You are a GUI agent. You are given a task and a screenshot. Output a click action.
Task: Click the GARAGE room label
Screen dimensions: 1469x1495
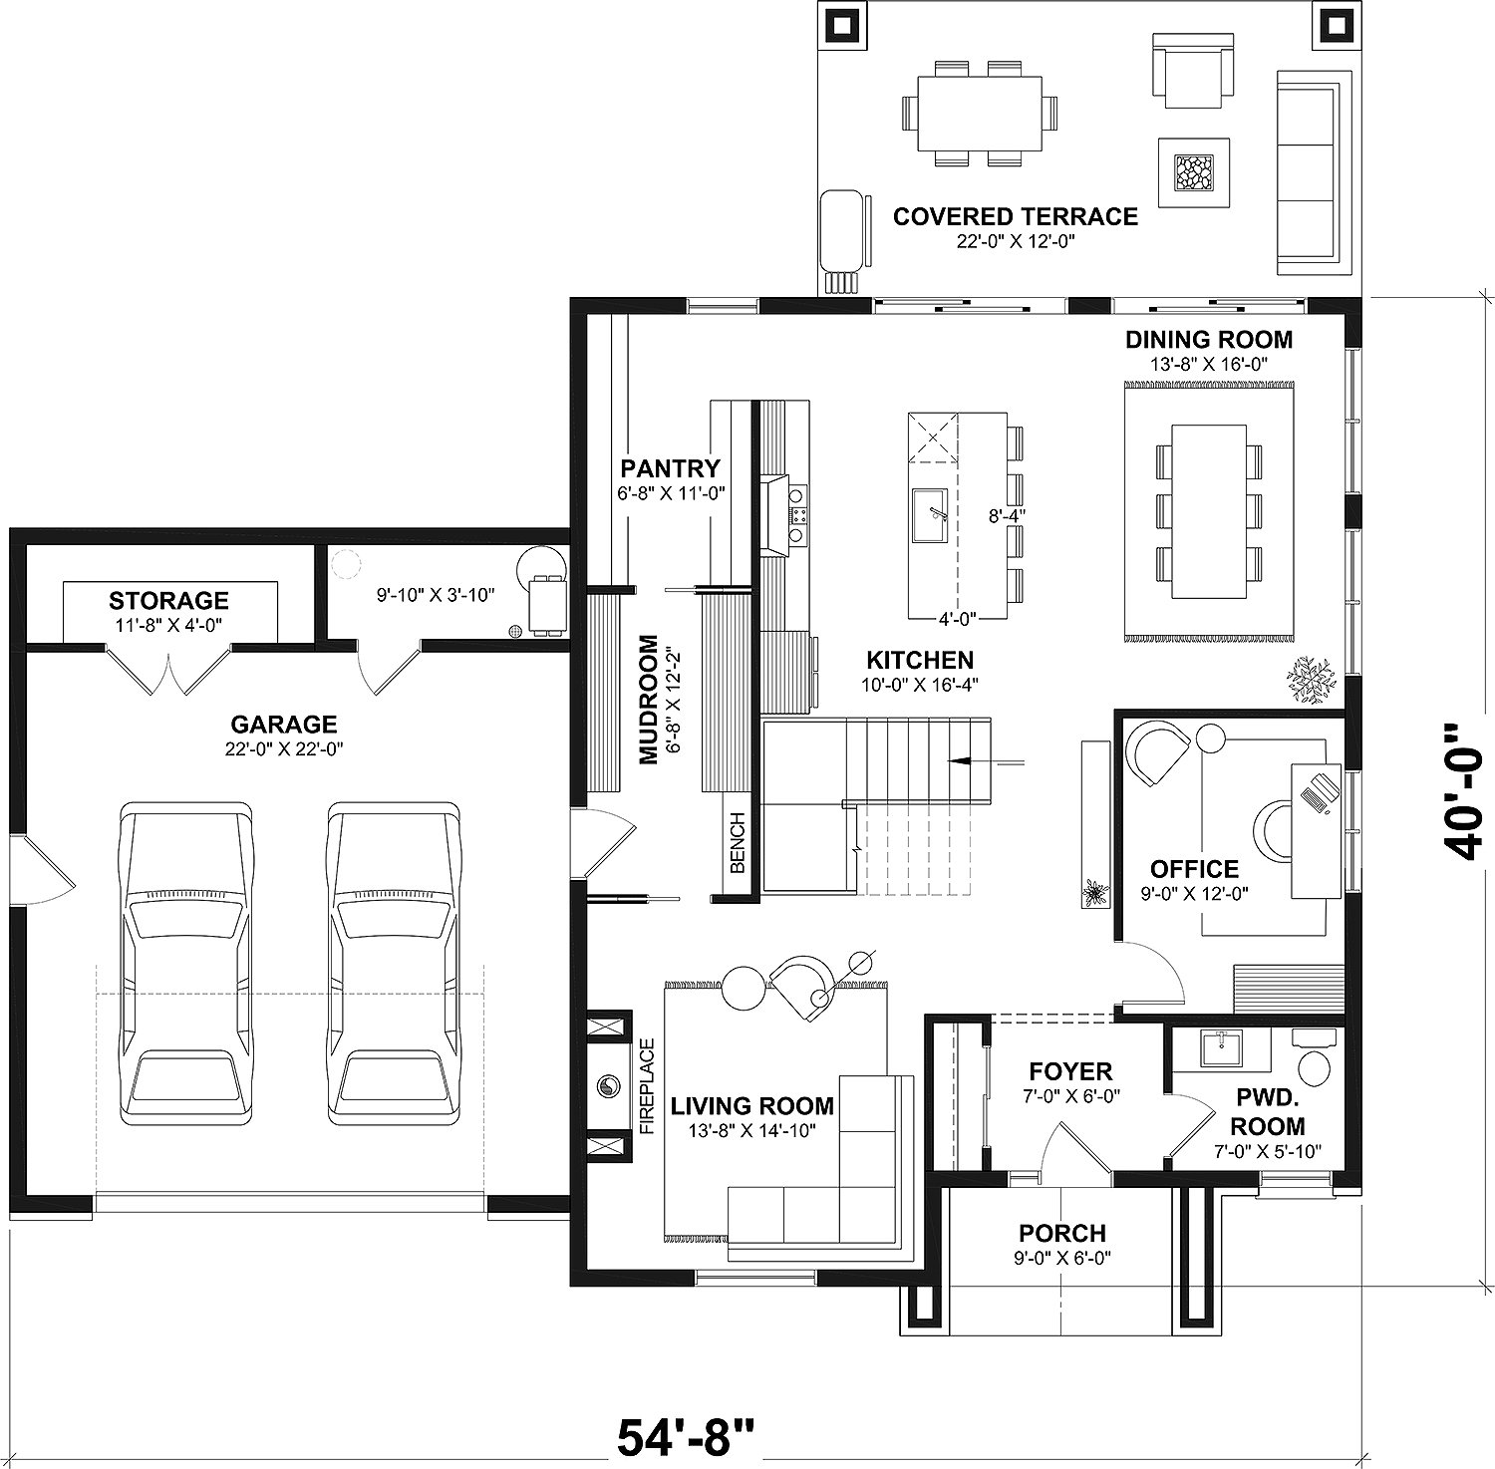pos(284,725)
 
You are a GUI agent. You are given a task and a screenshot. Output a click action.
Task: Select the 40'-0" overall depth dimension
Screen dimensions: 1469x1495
pos(1462,791)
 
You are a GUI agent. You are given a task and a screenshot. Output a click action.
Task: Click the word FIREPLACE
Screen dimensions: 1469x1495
pos(647,1087)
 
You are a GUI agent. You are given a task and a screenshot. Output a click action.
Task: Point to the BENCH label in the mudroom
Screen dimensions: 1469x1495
pos(738,842)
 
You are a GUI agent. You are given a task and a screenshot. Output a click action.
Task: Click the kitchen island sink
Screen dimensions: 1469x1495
pos(931,515)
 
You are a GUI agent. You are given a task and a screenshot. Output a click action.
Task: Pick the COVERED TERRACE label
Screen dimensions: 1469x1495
pos(1015,217)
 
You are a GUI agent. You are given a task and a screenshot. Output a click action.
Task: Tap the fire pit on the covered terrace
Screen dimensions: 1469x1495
pos(1193,172)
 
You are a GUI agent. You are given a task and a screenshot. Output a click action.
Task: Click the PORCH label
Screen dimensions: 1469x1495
pos(1062,1234)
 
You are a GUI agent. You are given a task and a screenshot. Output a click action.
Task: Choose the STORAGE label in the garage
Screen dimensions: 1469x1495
pos(168,601)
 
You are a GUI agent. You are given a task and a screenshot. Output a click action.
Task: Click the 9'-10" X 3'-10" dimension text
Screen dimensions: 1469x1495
pos(436,595)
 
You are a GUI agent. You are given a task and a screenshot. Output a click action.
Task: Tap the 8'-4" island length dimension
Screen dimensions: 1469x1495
pos(1007,515)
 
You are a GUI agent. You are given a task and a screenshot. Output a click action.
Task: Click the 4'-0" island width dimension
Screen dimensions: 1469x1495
pos(957,618)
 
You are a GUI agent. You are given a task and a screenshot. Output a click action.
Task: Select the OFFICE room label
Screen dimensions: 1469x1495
pos(1194,869)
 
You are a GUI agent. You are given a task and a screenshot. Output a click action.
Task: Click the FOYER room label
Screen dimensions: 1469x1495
pos(1070,1071)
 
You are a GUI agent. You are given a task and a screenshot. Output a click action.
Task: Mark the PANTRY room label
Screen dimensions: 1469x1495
pos(670,468)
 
